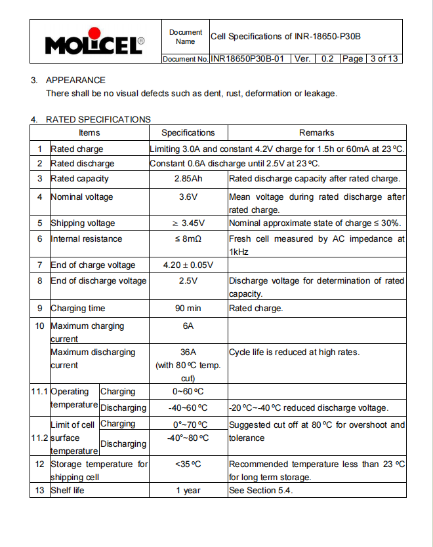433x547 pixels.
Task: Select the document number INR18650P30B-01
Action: coord(247,59)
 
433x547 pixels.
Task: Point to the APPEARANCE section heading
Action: coord(75,80)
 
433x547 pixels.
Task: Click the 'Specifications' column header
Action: coord(188,132)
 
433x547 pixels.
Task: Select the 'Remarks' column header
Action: coord(317,132)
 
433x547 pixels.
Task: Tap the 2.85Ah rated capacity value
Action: coord(188,179)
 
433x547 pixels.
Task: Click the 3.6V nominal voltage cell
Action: coord(188,197)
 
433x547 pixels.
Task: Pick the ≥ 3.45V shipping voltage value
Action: coord(188,223)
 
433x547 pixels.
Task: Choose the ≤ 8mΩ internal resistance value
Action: coord(188,239)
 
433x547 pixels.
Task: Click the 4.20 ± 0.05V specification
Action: coord(188,265)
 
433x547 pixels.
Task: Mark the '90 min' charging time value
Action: coord(188,309)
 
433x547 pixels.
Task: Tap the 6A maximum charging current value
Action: coord(188,326)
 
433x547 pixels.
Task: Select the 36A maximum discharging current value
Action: coord(188,352)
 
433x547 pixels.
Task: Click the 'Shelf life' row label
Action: coord(68,491)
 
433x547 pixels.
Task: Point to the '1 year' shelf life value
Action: coord(188,491)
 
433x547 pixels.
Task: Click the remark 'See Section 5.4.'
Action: coord(260,491)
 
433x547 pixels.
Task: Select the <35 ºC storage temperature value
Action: coord(188,464)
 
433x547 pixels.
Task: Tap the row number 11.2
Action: coord(39,438)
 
